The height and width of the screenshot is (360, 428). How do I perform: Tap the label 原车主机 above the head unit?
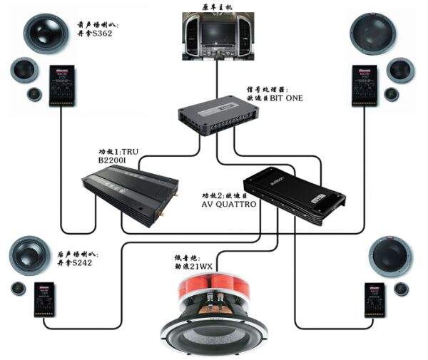(214, 6)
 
